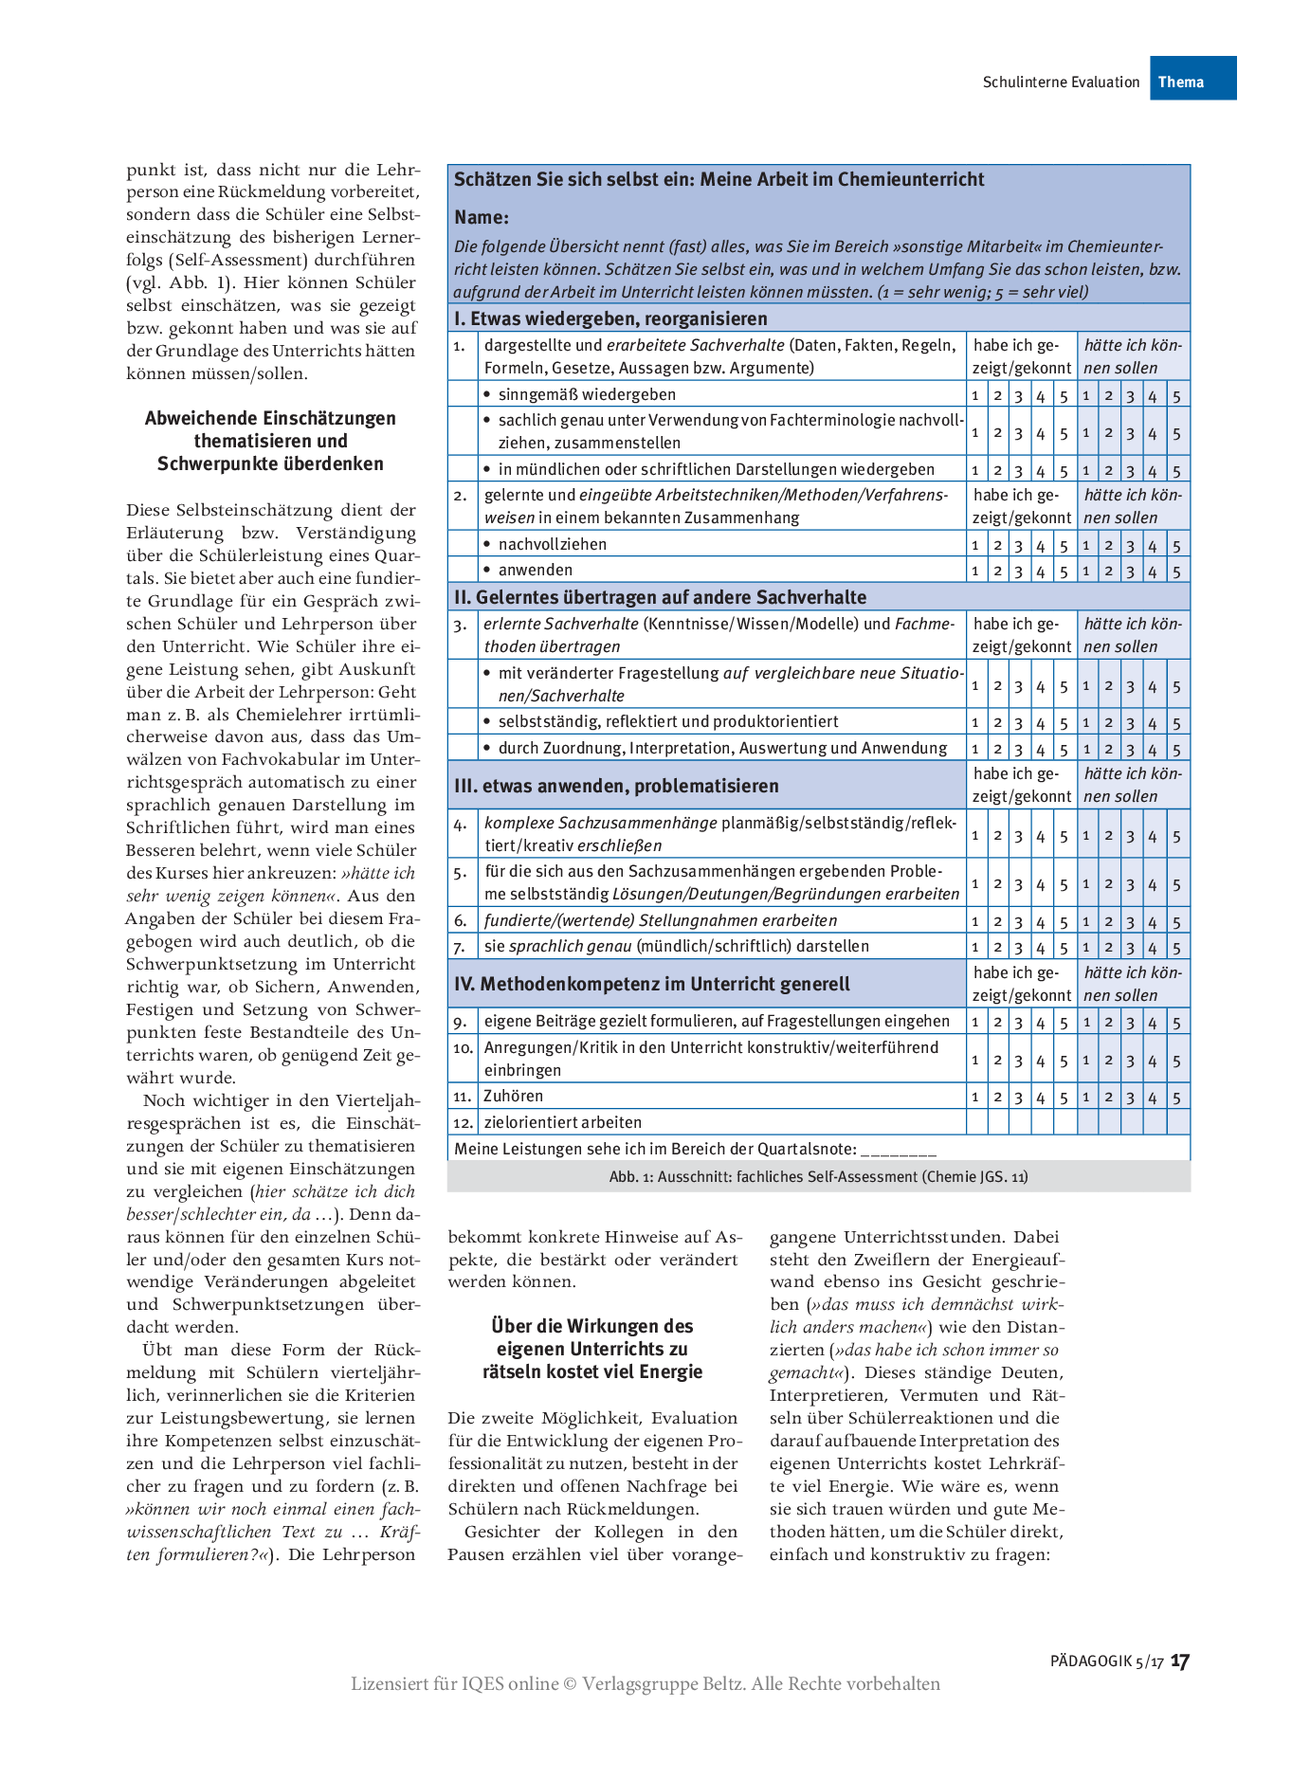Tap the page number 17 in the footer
(1179, 1661)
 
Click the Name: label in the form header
(482, 217)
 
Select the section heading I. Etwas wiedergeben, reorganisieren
(610, 318)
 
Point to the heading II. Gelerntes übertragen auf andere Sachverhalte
(660, 597)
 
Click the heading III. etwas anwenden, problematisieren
(616, 786)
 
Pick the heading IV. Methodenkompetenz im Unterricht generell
(652, 984)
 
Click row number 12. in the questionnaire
(463, 1122)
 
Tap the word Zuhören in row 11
(514, 1096)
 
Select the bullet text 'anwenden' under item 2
(536, 570)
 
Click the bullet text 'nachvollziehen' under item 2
(553, 544)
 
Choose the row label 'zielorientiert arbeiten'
(563, 1122)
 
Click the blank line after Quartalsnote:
(899, 1151)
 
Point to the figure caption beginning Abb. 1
(818, 1176)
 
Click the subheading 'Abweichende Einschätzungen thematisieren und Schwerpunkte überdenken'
(270, 441)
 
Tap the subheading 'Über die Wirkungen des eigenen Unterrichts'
(592, 1348)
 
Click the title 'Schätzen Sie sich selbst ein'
(719, 179)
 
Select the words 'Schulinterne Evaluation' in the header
(1061, 82)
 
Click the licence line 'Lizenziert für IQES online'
(645, 1683)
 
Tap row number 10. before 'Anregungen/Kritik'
(463, 1048)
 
